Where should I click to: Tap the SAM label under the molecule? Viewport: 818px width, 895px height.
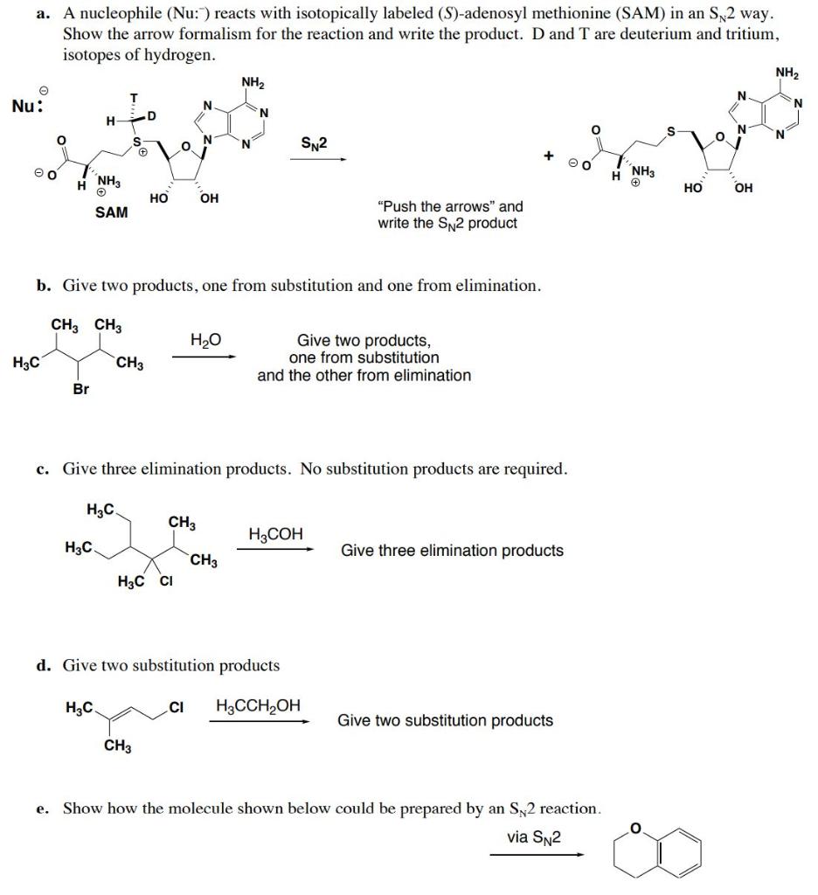tap(111, 212)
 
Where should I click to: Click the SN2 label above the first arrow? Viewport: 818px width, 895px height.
tap(314, 142)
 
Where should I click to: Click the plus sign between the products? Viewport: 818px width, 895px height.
tap(549, 155)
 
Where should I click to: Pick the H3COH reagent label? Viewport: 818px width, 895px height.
tap(275, 534)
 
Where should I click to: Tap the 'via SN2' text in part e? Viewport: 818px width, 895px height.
tap(534, 837)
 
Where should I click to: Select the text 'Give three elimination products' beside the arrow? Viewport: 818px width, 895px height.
tap(452, 551)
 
